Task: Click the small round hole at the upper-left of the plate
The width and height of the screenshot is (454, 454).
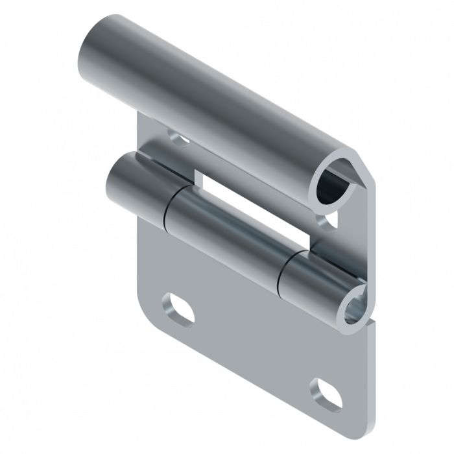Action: click(175, 137)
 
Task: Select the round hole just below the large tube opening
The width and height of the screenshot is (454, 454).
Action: click(328, 221)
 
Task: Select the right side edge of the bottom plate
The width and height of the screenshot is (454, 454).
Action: click(371, 376)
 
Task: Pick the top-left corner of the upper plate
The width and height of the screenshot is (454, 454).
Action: click(141, 115)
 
